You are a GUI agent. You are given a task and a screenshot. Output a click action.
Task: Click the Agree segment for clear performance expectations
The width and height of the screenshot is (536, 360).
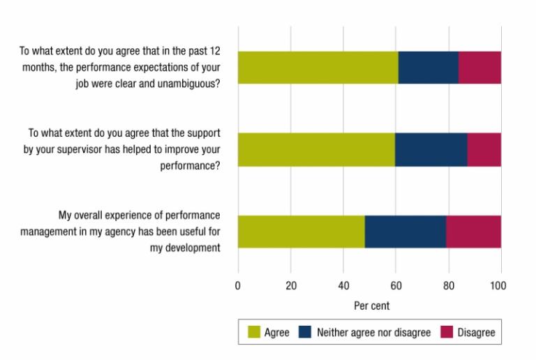click(x=318, y=68)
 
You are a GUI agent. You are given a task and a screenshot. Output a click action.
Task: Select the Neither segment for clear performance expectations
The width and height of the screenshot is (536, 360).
click(x=428, y=68)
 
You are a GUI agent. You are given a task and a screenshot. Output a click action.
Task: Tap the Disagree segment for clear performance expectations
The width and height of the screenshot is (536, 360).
click(x=479, y=68)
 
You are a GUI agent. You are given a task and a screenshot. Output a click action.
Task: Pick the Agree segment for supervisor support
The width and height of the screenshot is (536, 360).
click(x=316, y=149)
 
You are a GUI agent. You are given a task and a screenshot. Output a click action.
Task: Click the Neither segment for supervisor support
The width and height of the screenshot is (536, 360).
click(x=431, y=149)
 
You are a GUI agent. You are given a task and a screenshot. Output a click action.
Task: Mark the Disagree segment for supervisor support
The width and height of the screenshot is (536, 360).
click(x=484, y=149)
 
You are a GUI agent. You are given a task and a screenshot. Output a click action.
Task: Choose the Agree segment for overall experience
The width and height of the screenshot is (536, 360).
click(x=301, y=232)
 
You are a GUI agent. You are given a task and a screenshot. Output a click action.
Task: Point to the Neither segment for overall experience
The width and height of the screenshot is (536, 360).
click(x=405, y=232)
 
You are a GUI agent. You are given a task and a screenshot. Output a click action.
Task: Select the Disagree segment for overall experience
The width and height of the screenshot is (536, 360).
click(x=473, y=232)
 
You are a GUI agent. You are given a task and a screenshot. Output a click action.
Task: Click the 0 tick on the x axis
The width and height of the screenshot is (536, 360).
click(x=238, y=285)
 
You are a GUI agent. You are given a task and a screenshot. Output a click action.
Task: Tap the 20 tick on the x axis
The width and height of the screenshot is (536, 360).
click(x=291, y=285)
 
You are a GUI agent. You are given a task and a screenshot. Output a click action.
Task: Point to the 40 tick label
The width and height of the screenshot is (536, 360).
click(x=343, y=285)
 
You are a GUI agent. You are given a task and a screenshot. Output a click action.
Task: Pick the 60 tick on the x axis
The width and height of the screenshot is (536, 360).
click(x=396, y=285)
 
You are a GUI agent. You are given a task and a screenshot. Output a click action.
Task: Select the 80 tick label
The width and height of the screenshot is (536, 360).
click(x=448, y=285)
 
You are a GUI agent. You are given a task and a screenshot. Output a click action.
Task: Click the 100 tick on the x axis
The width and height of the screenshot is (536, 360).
click(x=498, y=285)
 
